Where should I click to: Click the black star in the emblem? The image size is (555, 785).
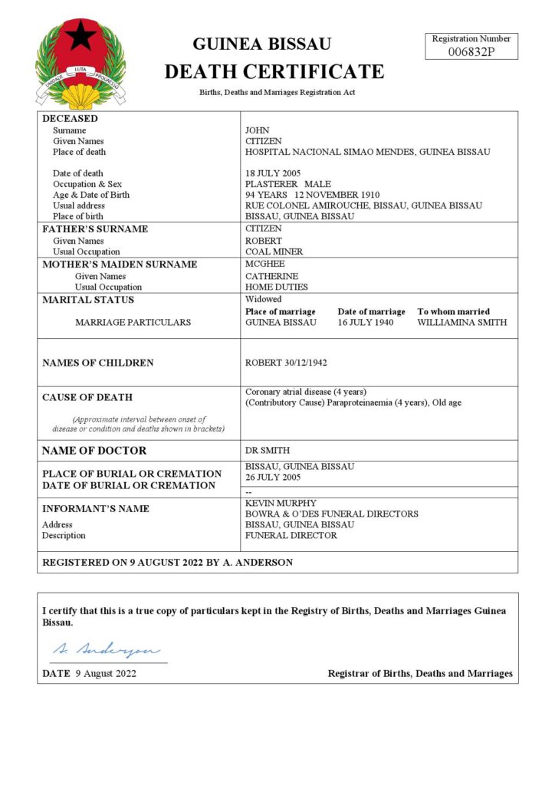[80, 36]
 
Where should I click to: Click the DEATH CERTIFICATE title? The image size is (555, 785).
[274, 72]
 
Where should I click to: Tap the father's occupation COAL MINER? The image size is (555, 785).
[274, 251]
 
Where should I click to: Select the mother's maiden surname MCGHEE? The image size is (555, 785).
[264, 264]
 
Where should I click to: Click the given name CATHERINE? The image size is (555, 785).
[271, 276]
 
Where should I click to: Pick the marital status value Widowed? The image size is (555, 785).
[263, 299]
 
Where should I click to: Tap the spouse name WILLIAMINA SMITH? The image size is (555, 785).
[461, 322]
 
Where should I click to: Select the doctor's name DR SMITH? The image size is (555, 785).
[268, 450]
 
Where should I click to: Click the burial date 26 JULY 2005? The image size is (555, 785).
[274, 477]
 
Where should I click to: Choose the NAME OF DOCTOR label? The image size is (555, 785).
[94, 451]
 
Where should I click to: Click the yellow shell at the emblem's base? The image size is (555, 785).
[80, 96]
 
